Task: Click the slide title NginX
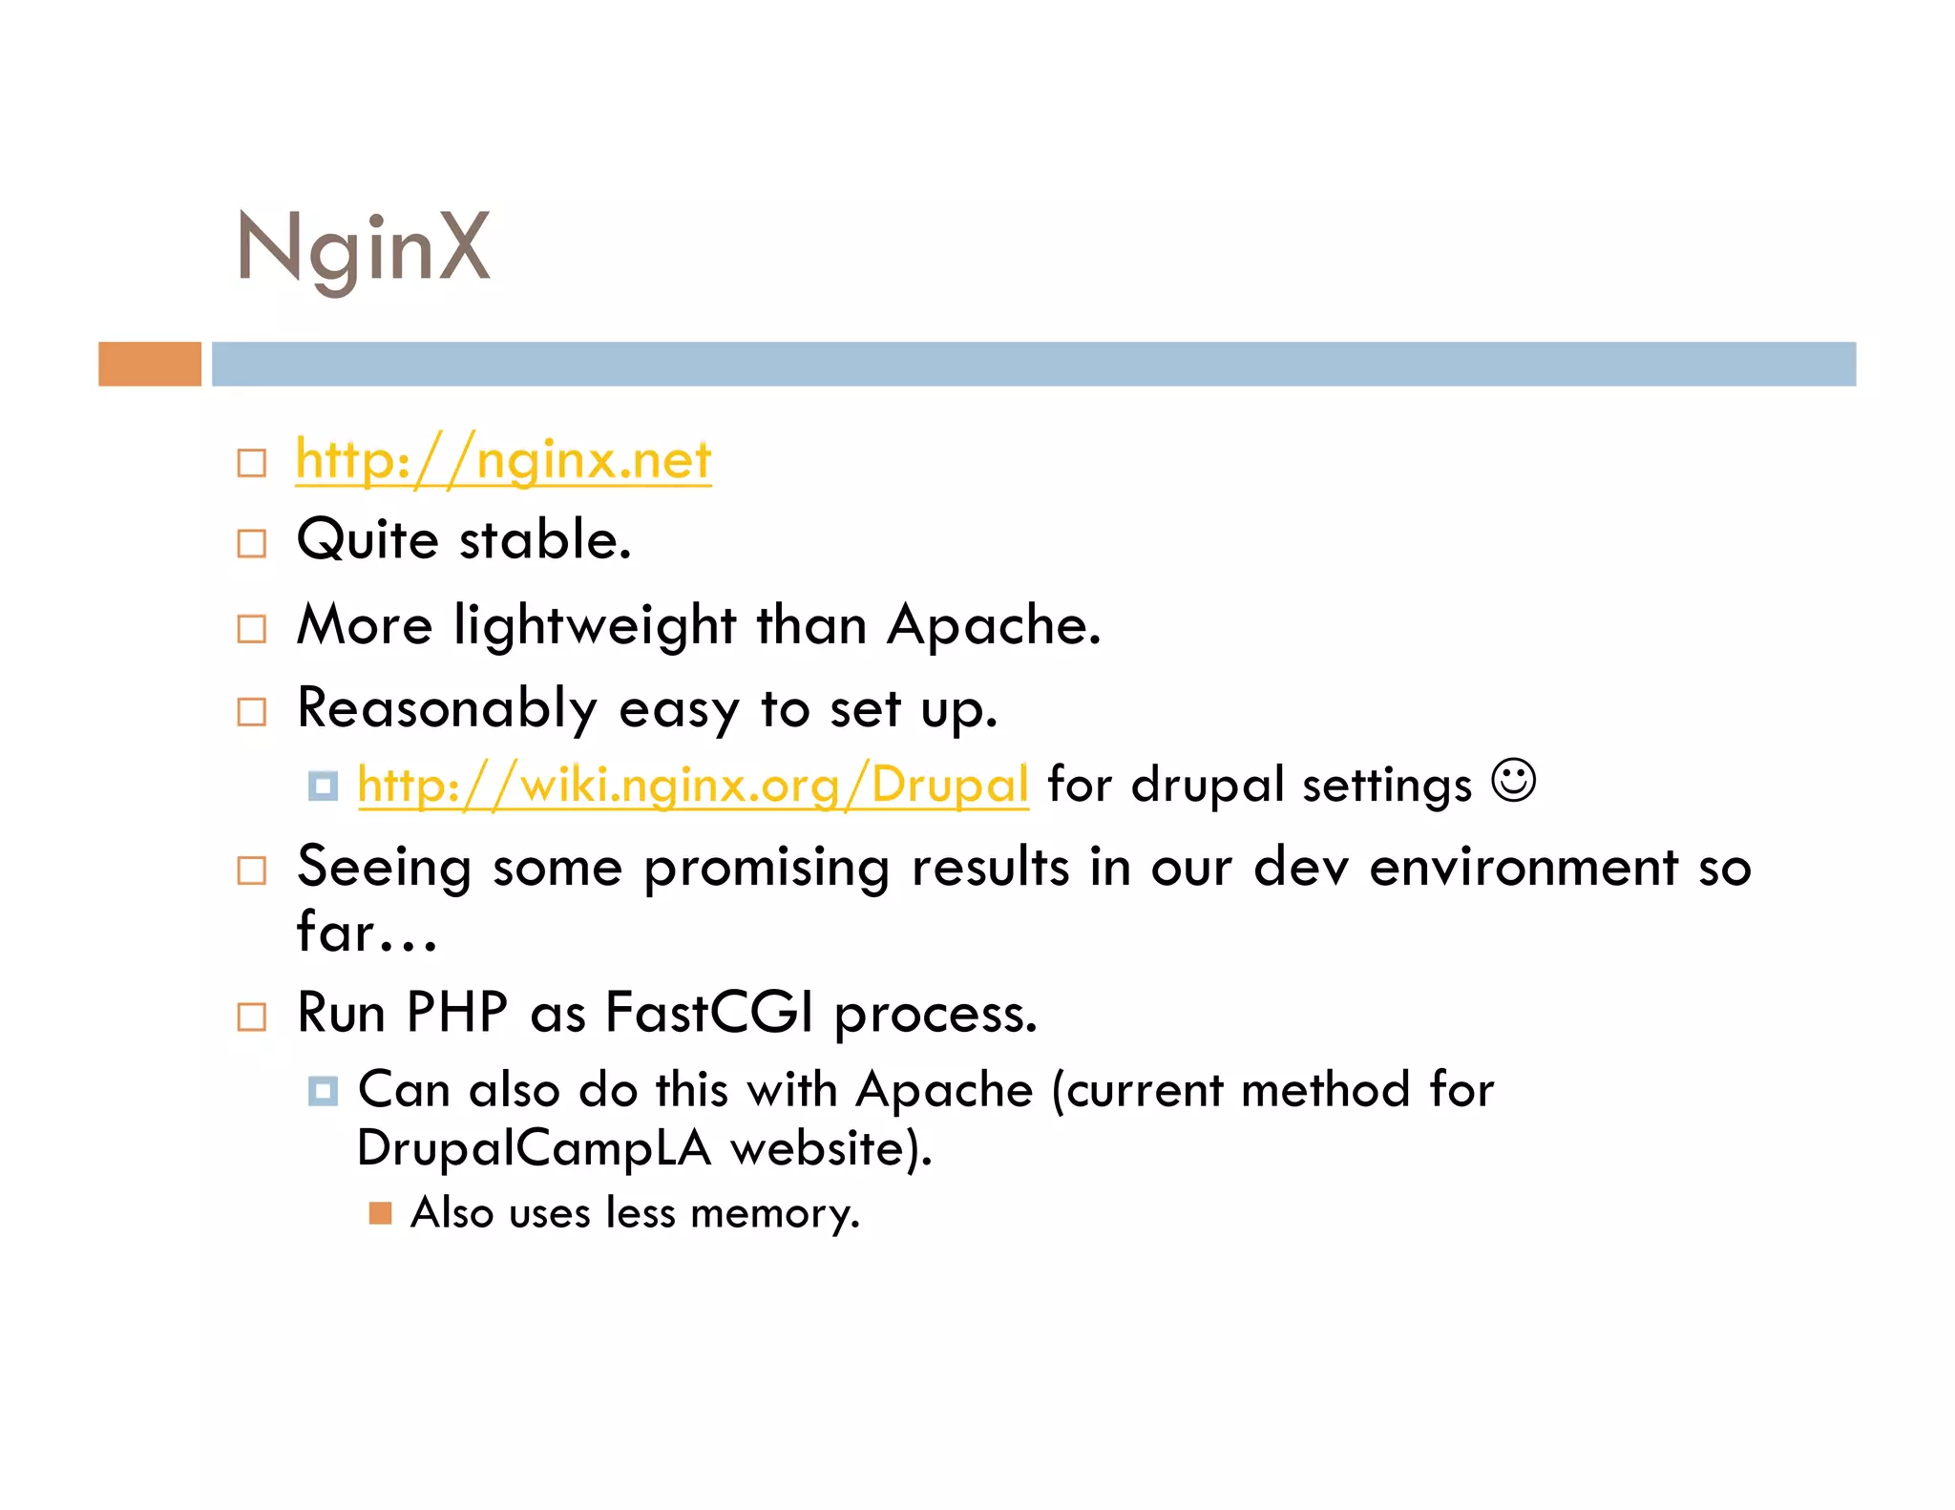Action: click(364, 248)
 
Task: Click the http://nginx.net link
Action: click(503, 460)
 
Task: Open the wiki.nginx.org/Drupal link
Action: click(693, 785)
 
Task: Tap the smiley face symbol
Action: click(1514, 781)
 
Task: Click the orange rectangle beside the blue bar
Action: click(150, 364)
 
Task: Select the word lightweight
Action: click(595, 627)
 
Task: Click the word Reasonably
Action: click(447, 710)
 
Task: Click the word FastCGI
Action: click(709, 1013)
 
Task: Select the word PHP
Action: click(456, 1013)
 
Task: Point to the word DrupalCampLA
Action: click(535, 1148)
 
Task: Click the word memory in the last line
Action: click(773, 1214)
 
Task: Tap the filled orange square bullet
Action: click(380, 1213)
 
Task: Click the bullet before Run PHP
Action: click(252, 1017)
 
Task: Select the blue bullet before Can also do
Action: click(323, 1090)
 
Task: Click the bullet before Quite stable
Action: click(252, 543)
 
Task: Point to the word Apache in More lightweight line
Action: click(993, 626)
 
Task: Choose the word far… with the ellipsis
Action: click(367, 933)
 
